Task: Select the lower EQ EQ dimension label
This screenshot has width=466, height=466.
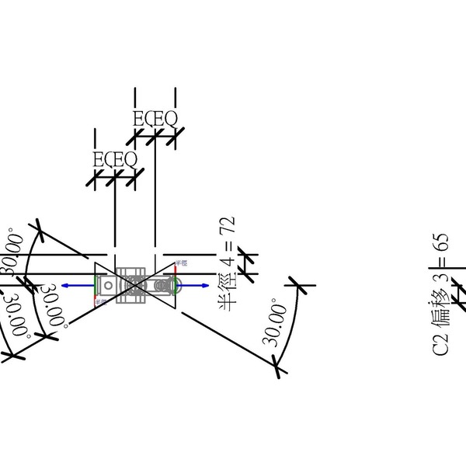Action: (x=115, y=160)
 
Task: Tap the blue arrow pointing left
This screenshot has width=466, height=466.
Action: (x=72, y=286)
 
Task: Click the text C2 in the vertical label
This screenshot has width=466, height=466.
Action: (x=440, y=343)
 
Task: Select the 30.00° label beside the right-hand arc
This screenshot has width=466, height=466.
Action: (x=273, y=322)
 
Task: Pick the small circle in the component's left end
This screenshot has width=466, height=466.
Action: (x=109, y=286)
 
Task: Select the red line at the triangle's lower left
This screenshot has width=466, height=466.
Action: (x=96, y=297)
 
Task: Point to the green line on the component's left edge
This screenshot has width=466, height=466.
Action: (x=96, y=284)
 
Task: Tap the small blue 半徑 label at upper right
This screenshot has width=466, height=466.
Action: (x=182, y=263)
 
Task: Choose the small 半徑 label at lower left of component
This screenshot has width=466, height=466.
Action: (x=100, y=301)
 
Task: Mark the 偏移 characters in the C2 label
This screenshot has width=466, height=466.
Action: (x=440, y=306)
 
